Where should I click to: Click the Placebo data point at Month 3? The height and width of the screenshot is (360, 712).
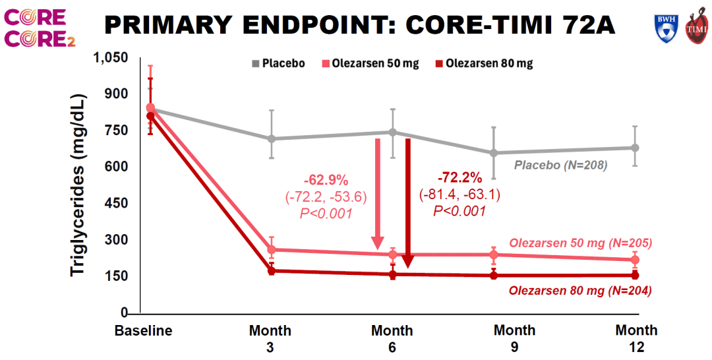pyautogui.click(x=272, y=138)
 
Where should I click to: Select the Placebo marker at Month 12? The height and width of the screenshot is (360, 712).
pyautogui.click(x=635, y=148)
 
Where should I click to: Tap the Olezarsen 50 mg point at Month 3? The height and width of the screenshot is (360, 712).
pyautogui.click(x=272, y=249)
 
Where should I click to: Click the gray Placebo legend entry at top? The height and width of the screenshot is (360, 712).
pyautogui.click(x=278, y=63)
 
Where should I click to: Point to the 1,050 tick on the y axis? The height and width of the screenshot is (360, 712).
pyautogui.click(x=111, y=58)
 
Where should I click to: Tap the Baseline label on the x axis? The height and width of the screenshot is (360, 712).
pyautogui.click(x=144, y=330)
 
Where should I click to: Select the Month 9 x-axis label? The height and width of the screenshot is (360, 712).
pyautogui.click(x=514, y=338)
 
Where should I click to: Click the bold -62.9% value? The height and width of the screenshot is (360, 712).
pyautogui.click(x=326, y=181)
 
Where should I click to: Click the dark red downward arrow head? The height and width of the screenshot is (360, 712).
pyautogui.click(x=407, y=260)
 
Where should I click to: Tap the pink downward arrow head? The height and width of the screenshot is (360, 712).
pyautogui.click(x=377, y=243)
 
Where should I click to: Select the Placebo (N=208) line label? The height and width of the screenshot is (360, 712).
pyautogui.click(x=560, y=165)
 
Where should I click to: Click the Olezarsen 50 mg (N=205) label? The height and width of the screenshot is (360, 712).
pyautogui.click(x=581, y=243)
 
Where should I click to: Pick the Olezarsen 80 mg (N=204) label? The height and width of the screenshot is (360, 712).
pyautogui.click(x=581, y=291)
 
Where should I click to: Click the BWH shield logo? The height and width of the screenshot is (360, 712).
pyautogui.click(x=665, y=27)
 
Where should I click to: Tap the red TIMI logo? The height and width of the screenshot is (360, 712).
pyautogui.click(x=697, y=28)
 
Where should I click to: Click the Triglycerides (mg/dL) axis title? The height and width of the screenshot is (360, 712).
pyautogui.click(x=78, y=185)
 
